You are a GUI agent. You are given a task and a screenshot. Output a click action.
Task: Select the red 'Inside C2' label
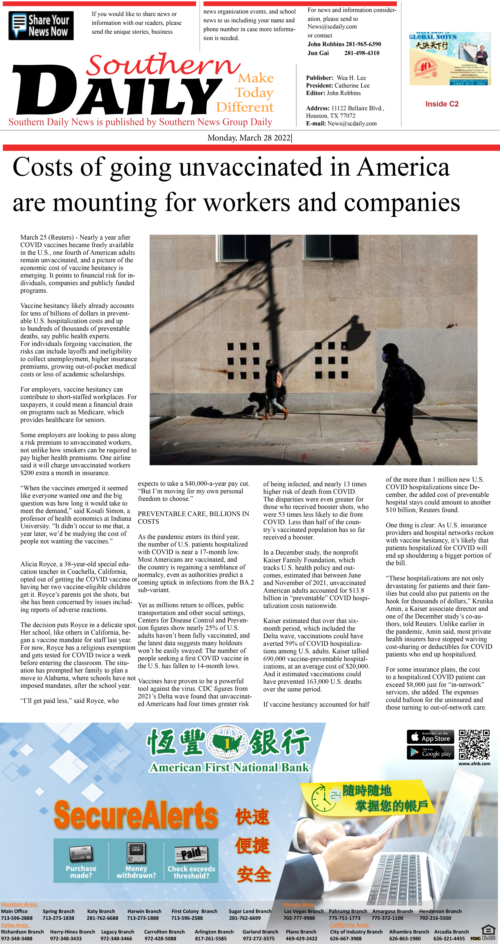pos(442,104)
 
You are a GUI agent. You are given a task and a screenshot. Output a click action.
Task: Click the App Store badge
pos(430,737)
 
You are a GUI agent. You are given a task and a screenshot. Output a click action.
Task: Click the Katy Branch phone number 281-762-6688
pos(102,918)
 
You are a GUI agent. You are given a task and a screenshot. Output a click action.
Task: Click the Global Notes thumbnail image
pos(449,59)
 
